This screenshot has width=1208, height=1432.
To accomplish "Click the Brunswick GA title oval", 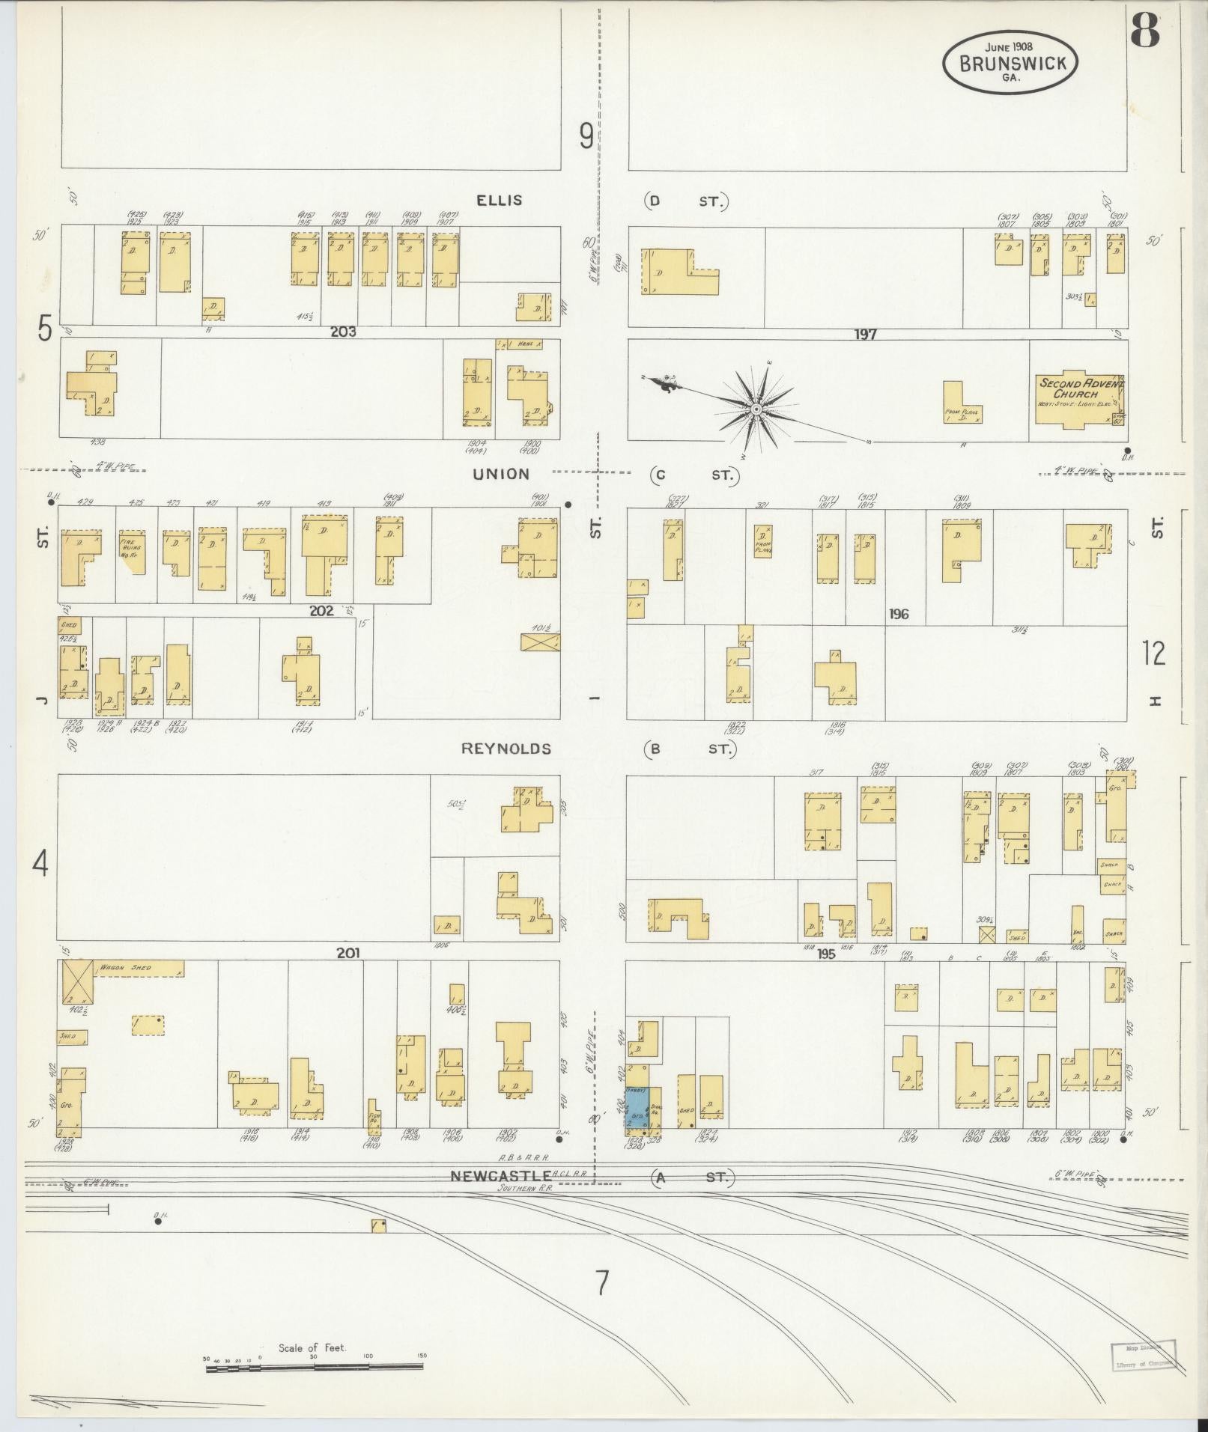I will pyautogui.click(x=1010, y=64).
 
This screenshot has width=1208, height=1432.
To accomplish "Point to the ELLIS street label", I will pyautogui.click(x=498, y=201).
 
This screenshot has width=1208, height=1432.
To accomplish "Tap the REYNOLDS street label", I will pyautogui.click(x=506, y=749).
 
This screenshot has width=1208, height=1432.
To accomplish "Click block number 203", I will pyautogui.click(x=346, y=332).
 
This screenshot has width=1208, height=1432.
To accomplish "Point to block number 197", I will pyautogui.click(x=865, y=334).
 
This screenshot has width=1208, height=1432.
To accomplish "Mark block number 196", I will pyautogui.click(x=898, y=614).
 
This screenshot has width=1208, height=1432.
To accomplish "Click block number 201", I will pyautogui.click(x=348, y=953).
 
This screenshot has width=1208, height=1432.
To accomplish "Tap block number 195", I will pyautogui.click(x=826, y=954).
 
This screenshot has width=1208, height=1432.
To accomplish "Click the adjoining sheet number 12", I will pyautogui.click(x=1153, y=653).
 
